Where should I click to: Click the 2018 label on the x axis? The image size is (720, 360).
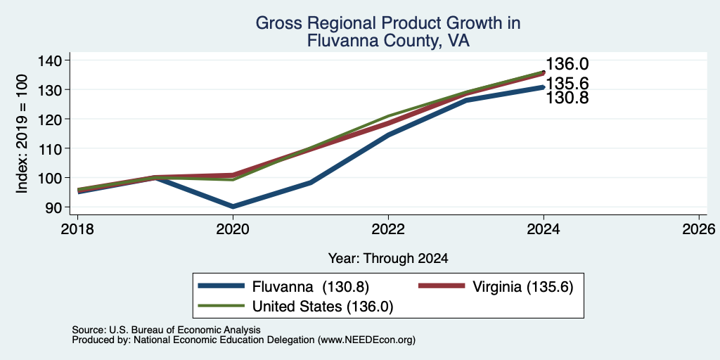tap(77, 229)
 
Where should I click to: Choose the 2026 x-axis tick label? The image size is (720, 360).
tap(699, 229)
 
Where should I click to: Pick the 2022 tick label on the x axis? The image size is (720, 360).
tap(388, 229)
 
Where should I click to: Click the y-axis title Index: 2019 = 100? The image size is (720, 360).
tap(22, 134)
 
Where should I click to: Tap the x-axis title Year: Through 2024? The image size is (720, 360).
tap(388, 259)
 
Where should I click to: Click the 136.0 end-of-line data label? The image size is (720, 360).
tap(567, 65)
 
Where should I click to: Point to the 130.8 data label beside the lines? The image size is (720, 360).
tap(567, 97)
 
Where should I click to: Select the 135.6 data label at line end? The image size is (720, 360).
tap(567, 84)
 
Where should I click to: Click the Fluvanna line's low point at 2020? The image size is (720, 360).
tap(233, 207)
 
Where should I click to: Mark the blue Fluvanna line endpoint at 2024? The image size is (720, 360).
tap(544, 86)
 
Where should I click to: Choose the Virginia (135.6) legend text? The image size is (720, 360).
tap(523, 287)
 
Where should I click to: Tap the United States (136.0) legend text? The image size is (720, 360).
tap(323, 307)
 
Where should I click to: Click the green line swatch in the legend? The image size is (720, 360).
tap(220, 305)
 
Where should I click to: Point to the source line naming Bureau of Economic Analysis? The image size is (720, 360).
tap(166, 330)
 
